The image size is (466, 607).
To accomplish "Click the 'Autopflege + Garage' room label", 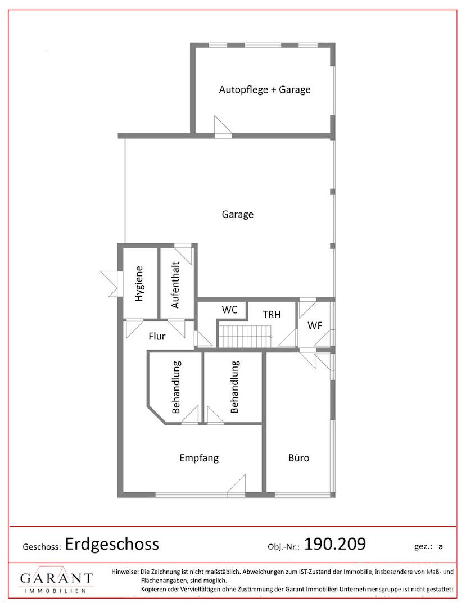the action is pyautogui.click(x=265, y=90).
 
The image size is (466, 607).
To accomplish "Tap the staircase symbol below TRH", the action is pyautogui.click(x=246, y=337).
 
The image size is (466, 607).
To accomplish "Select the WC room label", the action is pyautogui.click(x=229, y=310).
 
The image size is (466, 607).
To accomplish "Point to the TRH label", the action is pyautogui.click(x=272, y=314).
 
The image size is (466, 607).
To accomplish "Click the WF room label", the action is pyautogui.click(x=315, y=325).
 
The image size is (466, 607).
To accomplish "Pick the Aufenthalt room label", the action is pyautogui.click(x=175, y=285).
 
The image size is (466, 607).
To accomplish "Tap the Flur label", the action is pyautogui.click(x=157, y=336).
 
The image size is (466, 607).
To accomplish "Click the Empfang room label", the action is pyautogui.click(x=199, y=459).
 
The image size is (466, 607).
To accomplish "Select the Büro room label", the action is pyautogui.click(x=299, y=458).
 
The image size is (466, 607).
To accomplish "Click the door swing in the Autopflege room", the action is pyautogui.click(x=223, y=126).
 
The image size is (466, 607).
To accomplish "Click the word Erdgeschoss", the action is pyautogui.click(x=112, y=544).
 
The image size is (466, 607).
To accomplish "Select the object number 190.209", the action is pyautogui.click(x=335, y=544).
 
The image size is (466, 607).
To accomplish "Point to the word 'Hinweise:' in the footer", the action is pyautogui.click(x=125, y=572).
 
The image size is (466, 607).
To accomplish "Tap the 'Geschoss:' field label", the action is pyautogui.click(x=42, y=547).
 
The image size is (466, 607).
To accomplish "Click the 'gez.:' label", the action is pyautogui.click(x=423, y=547).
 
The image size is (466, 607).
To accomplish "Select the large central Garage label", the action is pyautogui.click(x=238, y=215).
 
